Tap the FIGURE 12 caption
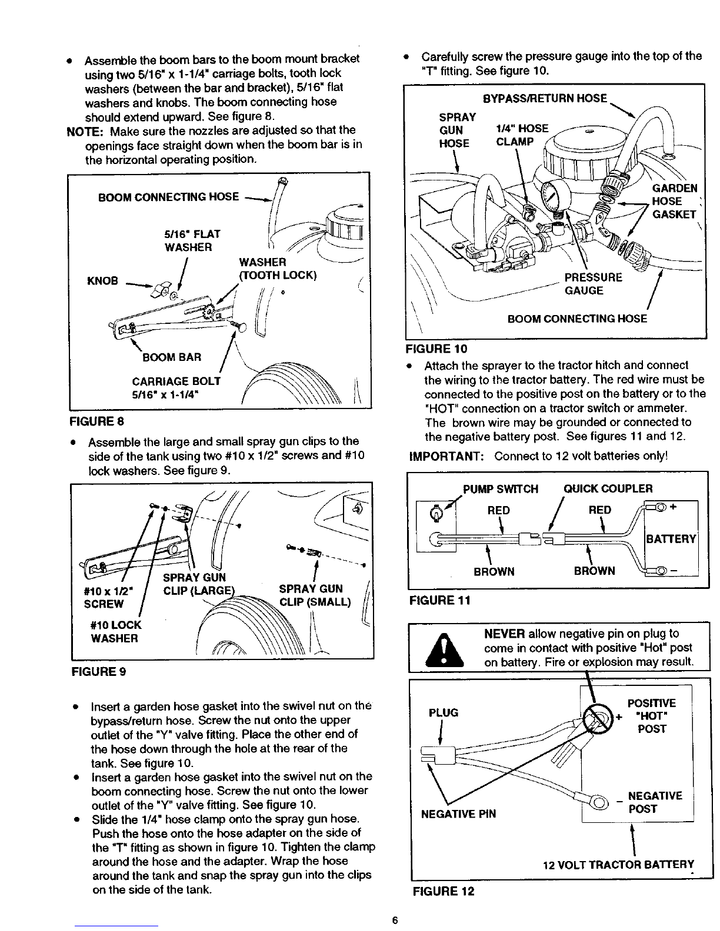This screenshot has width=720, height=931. [443, 891]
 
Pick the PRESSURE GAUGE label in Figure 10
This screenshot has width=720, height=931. [592, 284]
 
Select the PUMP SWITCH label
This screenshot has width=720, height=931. [501, 489]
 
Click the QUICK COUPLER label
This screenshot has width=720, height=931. [608, 489]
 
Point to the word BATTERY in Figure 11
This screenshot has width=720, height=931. [671, 539]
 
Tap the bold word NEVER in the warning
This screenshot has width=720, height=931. [504, 634]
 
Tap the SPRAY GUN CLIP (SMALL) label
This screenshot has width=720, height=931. [315, 595]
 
